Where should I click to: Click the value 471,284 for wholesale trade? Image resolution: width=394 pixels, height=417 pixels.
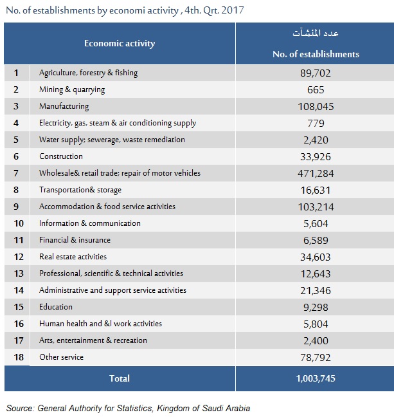pyautogui.click(x=316, y=173)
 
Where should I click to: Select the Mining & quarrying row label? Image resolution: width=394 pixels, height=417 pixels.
pyautogui.click(x=72, y=89)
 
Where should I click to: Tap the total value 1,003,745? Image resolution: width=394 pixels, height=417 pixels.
pyautogui.click(x=316, y=378)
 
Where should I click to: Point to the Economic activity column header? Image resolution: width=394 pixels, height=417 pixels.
pyautogui.click(x=120, y=44)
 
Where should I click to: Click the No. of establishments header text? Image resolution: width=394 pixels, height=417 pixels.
pyautogui.click(x=316, y=55)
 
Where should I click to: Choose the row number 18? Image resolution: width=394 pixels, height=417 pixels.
pyautogui.click(x=17, y=357)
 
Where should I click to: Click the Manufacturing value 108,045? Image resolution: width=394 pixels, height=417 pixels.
pyautogui.click(x=316, y=106)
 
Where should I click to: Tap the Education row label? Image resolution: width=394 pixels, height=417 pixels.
pyautogui.click(x=56, y=307)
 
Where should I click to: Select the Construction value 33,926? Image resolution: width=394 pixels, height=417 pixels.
pyautogui.click(x=316, y=156)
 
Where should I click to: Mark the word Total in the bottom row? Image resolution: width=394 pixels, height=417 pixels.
pyautogui.click(x=120, y=378)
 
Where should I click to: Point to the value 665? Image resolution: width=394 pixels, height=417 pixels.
pyautogui.click(x=316, y=89)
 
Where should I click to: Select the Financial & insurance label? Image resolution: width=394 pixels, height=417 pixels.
pyautogui.click(x=75, y=240)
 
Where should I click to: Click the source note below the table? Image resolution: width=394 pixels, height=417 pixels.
pyautogui.click(x=128, y=408)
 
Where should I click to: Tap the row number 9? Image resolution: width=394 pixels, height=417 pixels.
pyautogui.click(x=17, y=207)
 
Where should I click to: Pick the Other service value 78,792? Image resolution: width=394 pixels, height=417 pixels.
pyautogui.click(x=316, y=357)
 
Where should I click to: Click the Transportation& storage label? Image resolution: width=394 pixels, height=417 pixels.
pyautogui.click(x=80, y=190)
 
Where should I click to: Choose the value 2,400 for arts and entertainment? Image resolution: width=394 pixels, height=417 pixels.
pyautogui.click(x=316, y=340)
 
